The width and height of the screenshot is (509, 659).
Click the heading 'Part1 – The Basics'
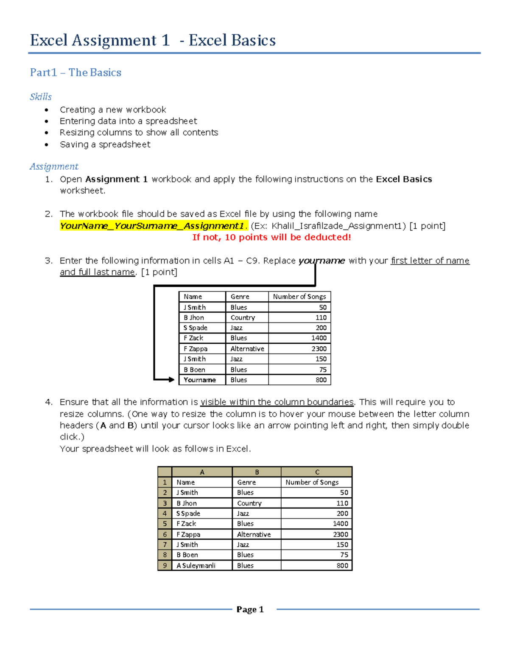point(76,73)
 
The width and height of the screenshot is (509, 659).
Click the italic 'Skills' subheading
point(41,97)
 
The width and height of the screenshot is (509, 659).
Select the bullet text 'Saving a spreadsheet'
point(105,144)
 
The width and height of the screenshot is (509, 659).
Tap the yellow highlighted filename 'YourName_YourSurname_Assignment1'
point(152,226)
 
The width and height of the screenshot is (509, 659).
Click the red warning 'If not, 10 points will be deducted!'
point(271,237)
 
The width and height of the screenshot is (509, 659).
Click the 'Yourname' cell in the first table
point(200,380)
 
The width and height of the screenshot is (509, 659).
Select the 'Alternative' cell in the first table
point(247,348)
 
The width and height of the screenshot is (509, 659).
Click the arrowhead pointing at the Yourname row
point(171,379)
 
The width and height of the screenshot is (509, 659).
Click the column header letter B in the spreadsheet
point(257,472)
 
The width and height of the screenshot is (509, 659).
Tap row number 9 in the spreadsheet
point(165,565)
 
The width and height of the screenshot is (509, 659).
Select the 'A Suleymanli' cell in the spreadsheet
point(196,565)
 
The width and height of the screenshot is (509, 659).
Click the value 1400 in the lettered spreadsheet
point(340,524)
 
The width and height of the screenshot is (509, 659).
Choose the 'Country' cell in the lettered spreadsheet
point(249,503)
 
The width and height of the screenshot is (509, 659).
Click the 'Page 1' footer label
point(250,609)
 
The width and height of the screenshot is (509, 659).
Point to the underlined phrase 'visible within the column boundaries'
point(277,402)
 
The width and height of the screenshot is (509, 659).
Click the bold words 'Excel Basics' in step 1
point(404,179)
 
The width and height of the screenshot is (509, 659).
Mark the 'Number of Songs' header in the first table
point(299,297)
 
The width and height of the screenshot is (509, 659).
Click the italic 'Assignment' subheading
point(54,166)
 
